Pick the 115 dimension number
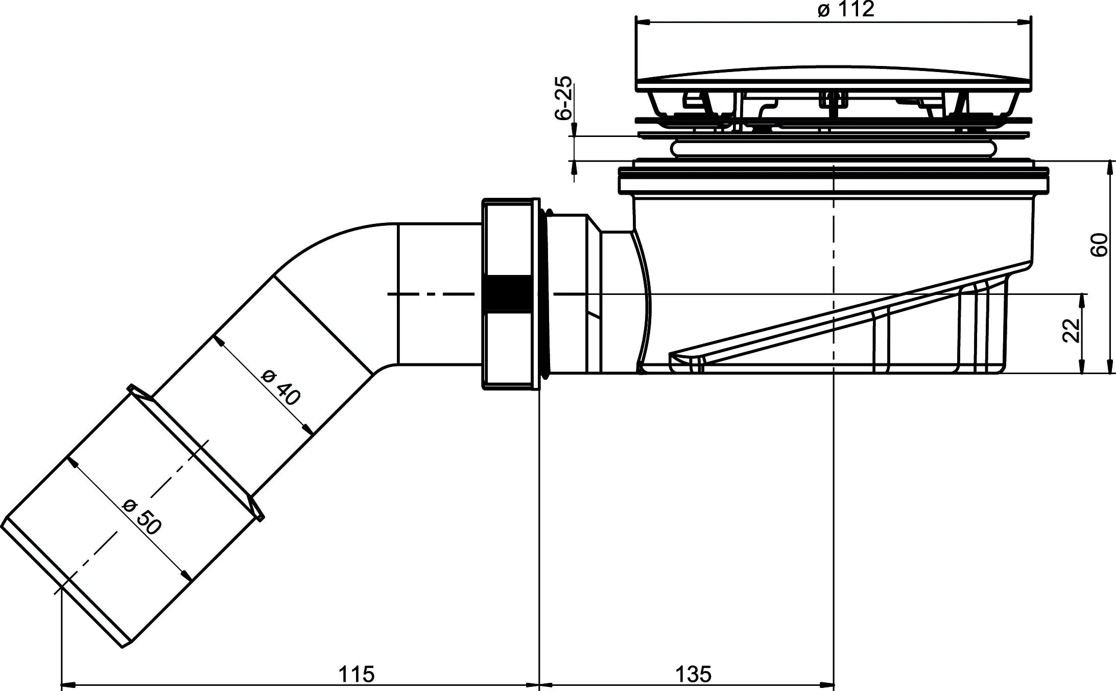click(357, 674)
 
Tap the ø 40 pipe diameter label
click(281, 387)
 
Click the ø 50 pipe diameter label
click(143, 517)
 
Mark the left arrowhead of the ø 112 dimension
click(642, 22)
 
